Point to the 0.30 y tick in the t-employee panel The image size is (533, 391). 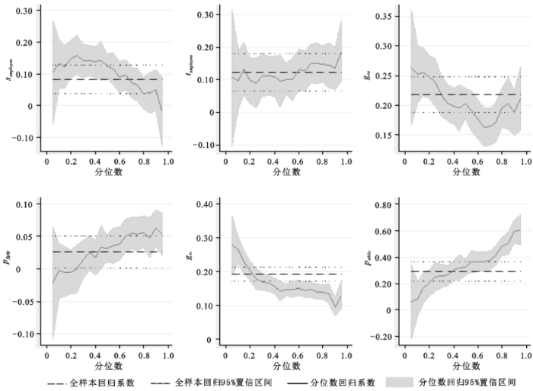(x=203, y=14)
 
